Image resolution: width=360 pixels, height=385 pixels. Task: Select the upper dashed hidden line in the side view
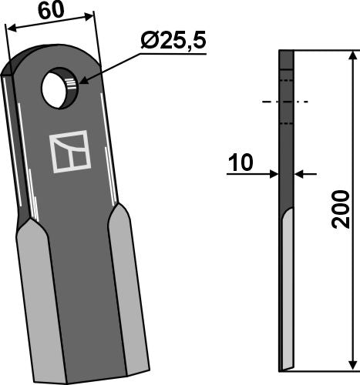pos(286,79)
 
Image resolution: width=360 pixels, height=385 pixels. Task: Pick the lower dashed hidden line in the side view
pos(286,122)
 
